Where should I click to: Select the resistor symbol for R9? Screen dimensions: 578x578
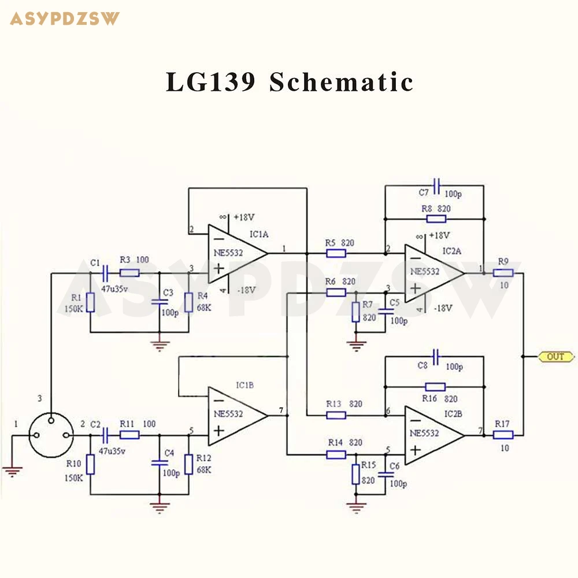tap(503, 273)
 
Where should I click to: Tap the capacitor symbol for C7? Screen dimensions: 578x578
tap(436, 186)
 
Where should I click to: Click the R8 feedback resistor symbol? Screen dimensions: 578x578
tap(436, 219)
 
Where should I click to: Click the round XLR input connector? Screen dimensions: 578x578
tap(51, 435)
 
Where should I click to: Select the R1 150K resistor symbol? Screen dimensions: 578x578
tap(90, 303)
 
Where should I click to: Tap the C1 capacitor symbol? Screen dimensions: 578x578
tap(105, 273)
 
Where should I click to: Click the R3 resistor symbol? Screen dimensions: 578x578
tap(129, 273)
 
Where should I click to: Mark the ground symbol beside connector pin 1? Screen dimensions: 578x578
tap(12, 472)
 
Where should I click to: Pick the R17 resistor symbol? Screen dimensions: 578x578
tap(503, 435)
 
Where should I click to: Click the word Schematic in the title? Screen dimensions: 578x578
tap(342, 82)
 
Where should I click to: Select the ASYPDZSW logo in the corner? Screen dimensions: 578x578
tap(65, 19)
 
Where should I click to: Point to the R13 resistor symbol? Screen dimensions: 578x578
tap(336, 416)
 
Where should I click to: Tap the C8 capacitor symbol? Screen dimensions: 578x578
tap(436, 357)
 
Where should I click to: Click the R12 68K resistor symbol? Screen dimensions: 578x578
tap(189, 465)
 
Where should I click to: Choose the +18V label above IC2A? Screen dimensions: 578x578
tap(439, 236)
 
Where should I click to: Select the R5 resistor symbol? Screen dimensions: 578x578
tap(336, 253)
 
